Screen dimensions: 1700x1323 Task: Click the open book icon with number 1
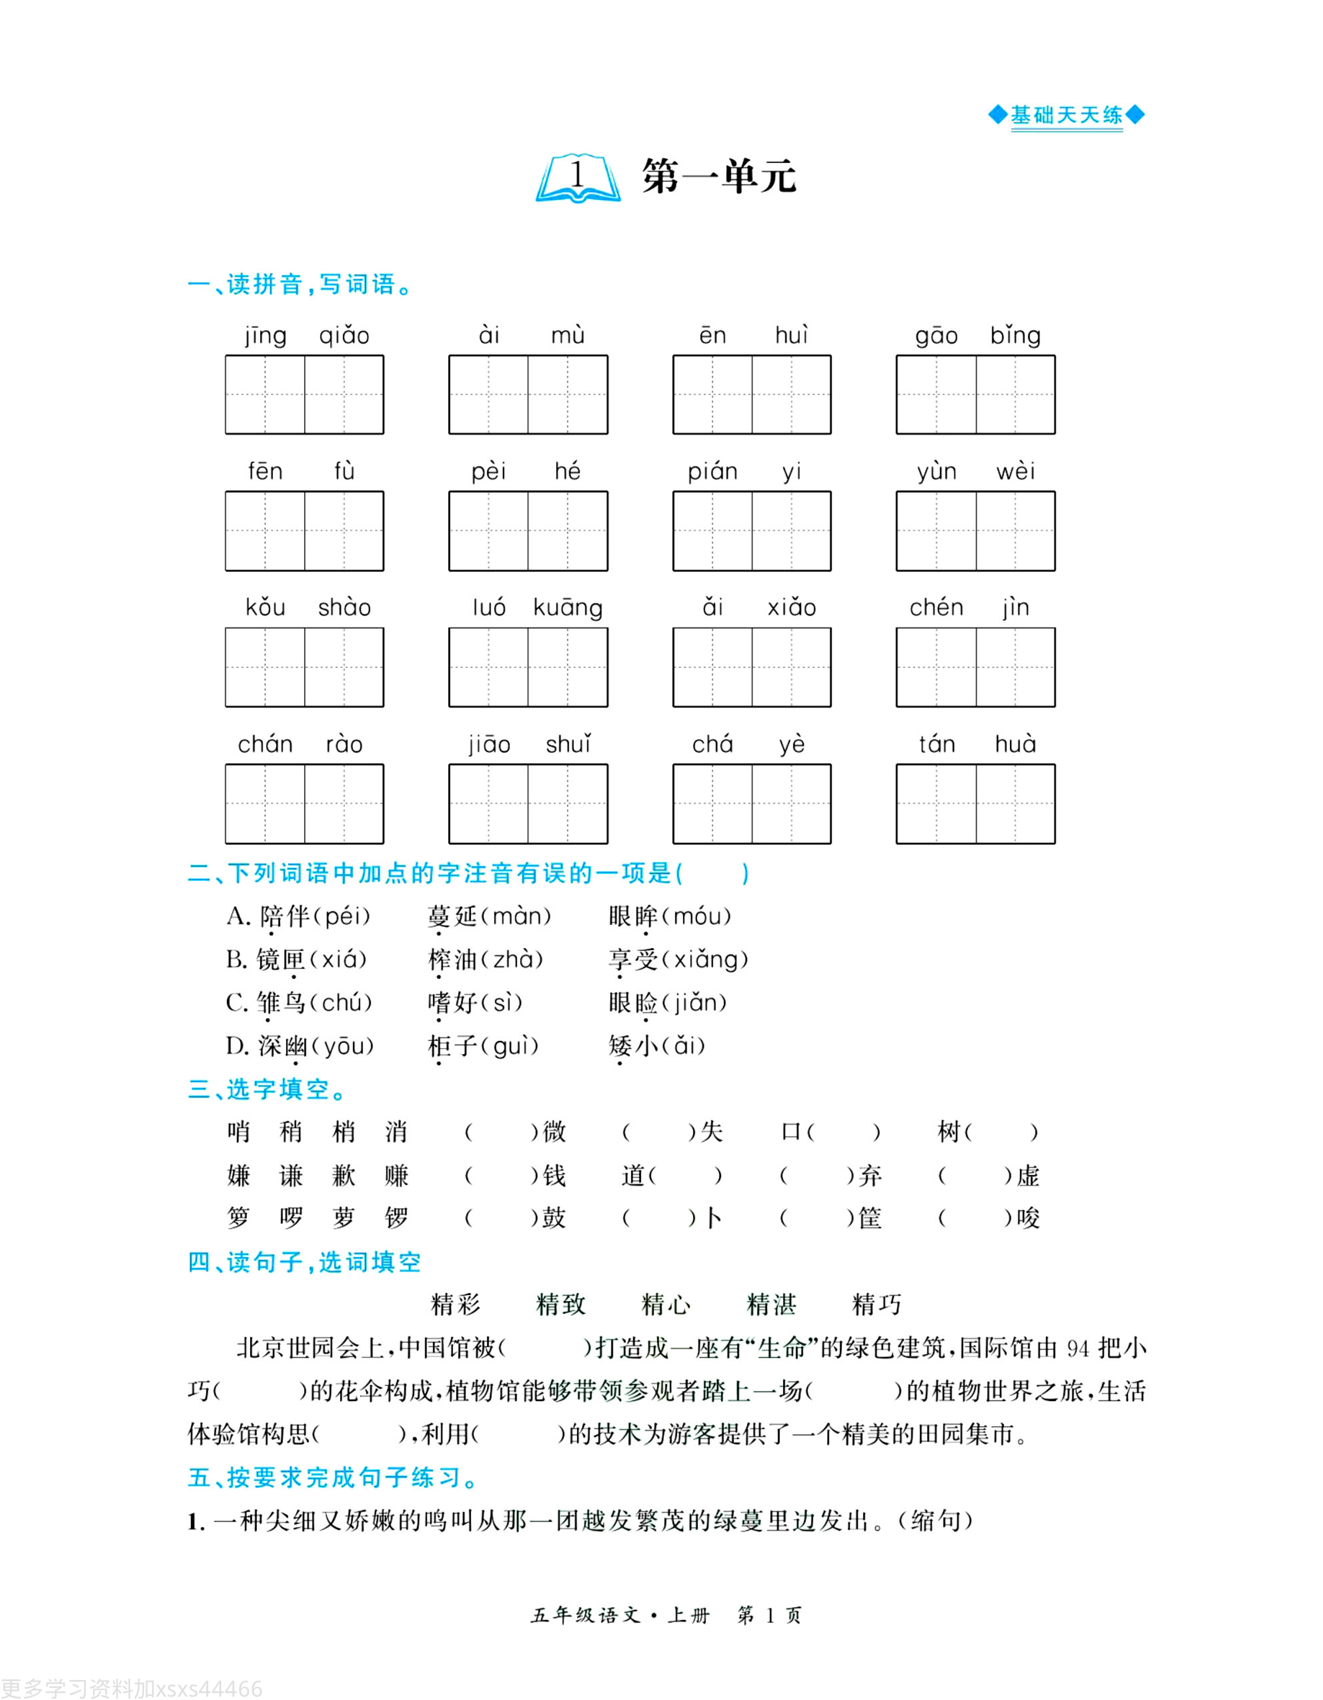click(577, 178)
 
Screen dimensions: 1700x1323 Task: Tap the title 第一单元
click(718, 177)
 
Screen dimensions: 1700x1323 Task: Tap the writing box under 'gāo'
click(936, 395)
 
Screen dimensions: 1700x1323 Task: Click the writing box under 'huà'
click(1016, 804)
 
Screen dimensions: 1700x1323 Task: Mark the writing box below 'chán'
click(265, 804)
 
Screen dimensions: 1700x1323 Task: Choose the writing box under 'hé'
click(568, 531)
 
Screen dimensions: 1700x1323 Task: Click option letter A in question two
click(237, 916)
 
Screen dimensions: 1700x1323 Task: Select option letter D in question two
click(237, 1046)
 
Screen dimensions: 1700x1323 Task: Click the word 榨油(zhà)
click(485, 960)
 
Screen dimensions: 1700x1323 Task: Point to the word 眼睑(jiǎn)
click(668, 1003)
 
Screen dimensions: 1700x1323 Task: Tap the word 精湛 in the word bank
click(771, 1304)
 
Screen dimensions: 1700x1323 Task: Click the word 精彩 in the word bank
click(455, 1304)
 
